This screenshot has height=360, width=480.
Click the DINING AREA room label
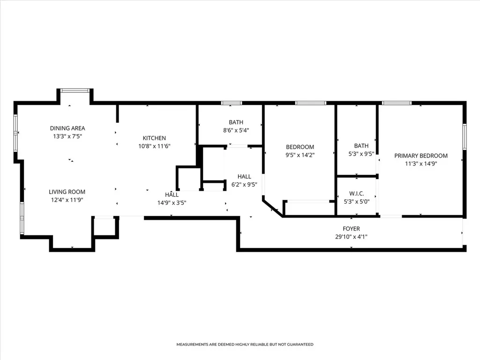(x=67, y=128)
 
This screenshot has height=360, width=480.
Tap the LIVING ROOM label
(x=67, y=192)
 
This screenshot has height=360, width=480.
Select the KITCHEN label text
(x=154, y=138)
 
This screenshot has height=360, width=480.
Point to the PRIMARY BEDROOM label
(x=421, y=156)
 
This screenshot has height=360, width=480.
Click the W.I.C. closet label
(x=357, y=194)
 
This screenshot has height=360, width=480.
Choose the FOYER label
(x=351, y=229)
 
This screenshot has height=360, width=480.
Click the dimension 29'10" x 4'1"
(x=351, y=237)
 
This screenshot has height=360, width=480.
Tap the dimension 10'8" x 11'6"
(x=154, y=146)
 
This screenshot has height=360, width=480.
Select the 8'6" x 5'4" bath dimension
(x=236, y=130)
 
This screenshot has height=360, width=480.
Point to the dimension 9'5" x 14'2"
(x=300, y=155)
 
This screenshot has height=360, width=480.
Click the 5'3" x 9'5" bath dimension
(x=361, y=154)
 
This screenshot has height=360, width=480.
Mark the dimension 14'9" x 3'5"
(x=172, y=202)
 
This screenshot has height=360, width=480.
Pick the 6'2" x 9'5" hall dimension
(x=244, y=185)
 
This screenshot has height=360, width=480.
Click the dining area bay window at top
(x=75, y=90)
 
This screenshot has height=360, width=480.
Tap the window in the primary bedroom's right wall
(x=465, y=136)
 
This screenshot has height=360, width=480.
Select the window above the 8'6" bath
(x=232, y=103)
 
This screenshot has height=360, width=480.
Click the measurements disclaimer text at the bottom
(x=245, y=345)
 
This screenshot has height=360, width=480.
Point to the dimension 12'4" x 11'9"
(x=67, y=200)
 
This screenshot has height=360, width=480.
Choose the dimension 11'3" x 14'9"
(x=421, y=164)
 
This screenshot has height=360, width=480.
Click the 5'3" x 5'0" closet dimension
(x=357, y=202)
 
